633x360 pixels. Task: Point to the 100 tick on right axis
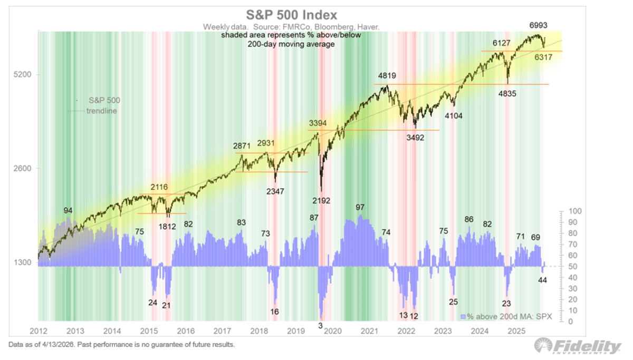[x=576, y=211]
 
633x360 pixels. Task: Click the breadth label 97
[x=360, y=207]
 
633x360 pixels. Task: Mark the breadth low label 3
[x=320, y=325]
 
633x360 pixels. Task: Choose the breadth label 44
[x=542, y=279]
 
